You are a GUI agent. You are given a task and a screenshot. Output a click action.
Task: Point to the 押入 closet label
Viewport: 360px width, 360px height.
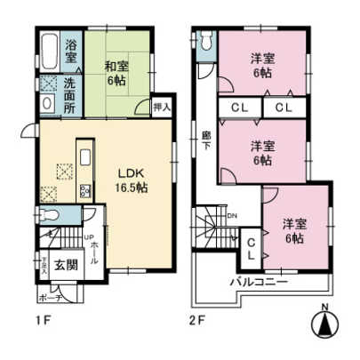click(160, 107)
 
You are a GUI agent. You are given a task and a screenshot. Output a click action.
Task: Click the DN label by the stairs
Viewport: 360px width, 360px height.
click(232, 216)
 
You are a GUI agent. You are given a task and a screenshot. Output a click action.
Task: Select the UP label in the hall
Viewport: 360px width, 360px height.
click(89, 236)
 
